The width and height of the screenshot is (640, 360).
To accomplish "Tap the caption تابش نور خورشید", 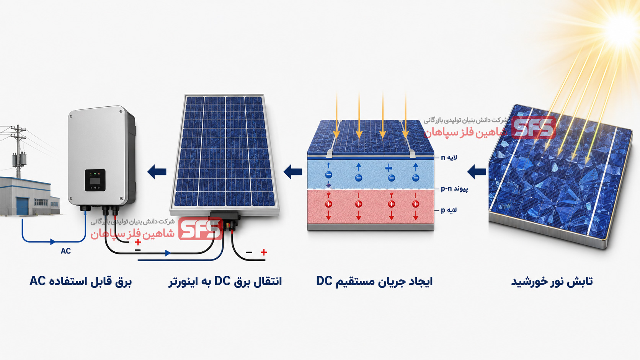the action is pyautogui.click(x=552, y=282).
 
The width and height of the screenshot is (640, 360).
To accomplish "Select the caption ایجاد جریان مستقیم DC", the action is pyautogui.click(x=374, y=282).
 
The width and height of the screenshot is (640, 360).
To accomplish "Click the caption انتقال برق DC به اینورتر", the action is pyautogui.click(x=225, y=282).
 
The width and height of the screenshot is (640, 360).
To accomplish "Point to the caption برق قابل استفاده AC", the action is pyautogui.click(x=80, y=282).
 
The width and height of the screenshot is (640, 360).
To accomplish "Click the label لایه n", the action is pyautogui.click(x=449, y=158).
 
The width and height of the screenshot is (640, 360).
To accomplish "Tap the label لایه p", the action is pyautogui.click(x=449, y=210).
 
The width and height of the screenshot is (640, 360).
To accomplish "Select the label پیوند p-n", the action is pyautogui.click(x=454, y=189).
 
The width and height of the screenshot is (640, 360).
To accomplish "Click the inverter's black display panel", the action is pyautogui.click(x=95, y=180).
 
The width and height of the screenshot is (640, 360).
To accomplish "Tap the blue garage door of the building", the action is pyautogui.click(x=22, y=206).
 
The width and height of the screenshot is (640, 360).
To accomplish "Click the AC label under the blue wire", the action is pyautogui.click(x=66, y=251).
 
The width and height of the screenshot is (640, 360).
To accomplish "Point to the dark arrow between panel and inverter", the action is pyautogui.click(x=157, y=172).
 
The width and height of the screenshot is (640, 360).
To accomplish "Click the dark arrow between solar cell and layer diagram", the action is pyautogui.click(x=477, y=172).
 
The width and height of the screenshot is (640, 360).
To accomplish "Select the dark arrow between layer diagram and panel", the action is pyautogui.click(x=293, y=172).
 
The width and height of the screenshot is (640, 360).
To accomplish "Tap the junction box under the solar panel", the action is pyautogui.click(x=225, y=218).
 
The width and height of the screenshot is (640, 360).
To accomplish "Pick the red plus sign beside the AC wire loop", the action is pyautogui.click(x=138, y=242).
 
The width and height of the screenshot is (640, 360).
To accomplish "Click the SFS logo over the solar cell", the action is pyautogui.click(x=534, y=127).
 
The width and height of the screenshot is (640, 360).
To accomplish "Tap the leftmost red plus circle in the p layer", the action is pyautogui.click(x=328, y=204).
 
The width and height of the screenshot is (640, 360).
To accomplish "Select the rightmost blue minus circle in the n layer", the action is pyautogui.click(x=416, y=178).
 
